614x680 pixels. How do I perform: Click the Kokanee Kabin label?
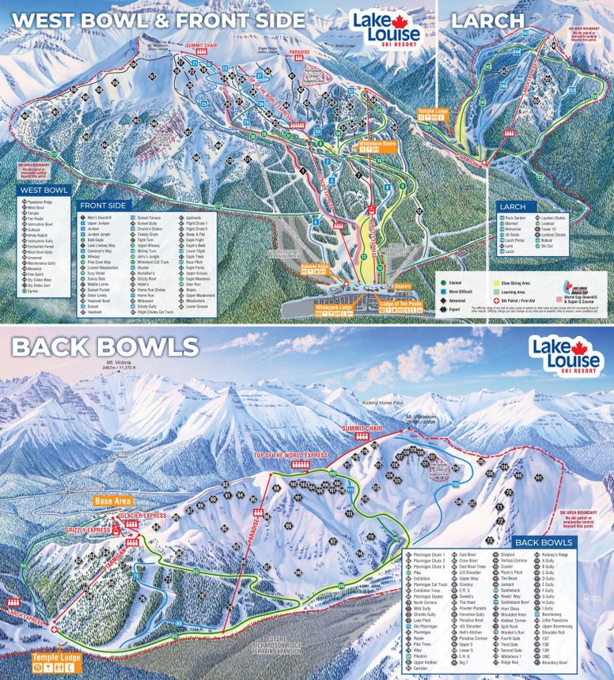[315, 268]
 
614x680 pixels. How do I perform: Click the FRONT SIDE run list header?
[104, 206]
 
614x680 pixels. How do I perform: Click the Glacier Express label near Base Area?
[144, 516]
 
